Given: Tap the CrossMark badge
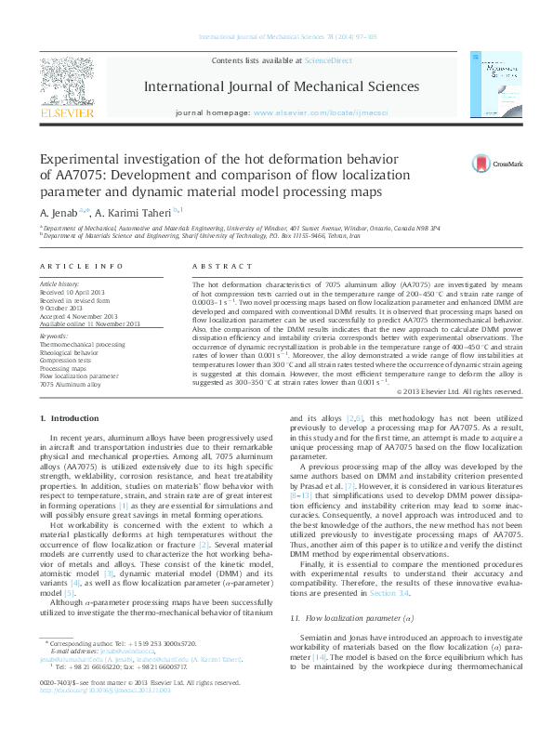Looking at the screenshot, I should (x=498, y=164).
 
